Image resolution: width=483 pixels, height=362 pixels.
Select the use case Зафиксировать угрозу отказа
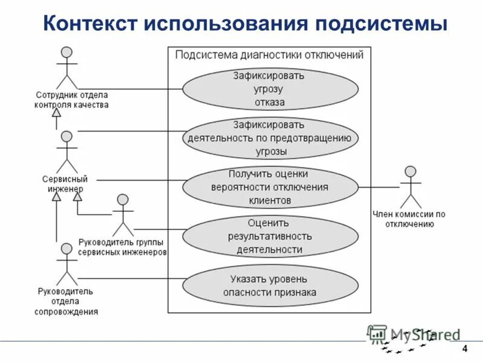(269, 89)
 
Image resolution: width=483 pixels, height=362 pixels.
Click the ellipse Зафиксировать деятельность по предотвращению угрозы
(269, 138)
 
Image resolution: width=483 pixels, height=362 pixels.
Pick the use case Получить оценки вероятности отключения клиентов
(269, 187)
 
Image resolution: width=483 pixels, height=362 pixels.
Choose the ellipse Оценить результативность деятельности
(269, 236)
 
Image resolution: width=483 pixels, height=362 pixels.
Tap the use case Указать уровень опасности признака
(269, 285)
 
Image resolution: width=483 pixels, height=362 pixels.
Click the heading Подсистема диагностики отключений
(269, 56)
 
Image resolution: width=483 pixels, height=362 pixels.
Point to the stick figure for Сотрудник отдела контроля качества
(67, 67)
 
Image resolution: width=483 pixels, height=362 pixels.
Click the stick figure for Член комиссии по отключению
(411, 188)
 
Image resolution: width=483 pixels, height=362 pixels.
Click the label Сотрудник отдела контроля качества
(71, 100)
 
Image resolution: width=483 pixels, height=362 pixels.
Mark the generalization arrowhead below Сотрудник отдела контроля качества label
(56, 113)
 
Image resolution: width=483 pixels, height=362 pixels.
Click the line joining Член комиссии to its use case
(379, 187)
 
